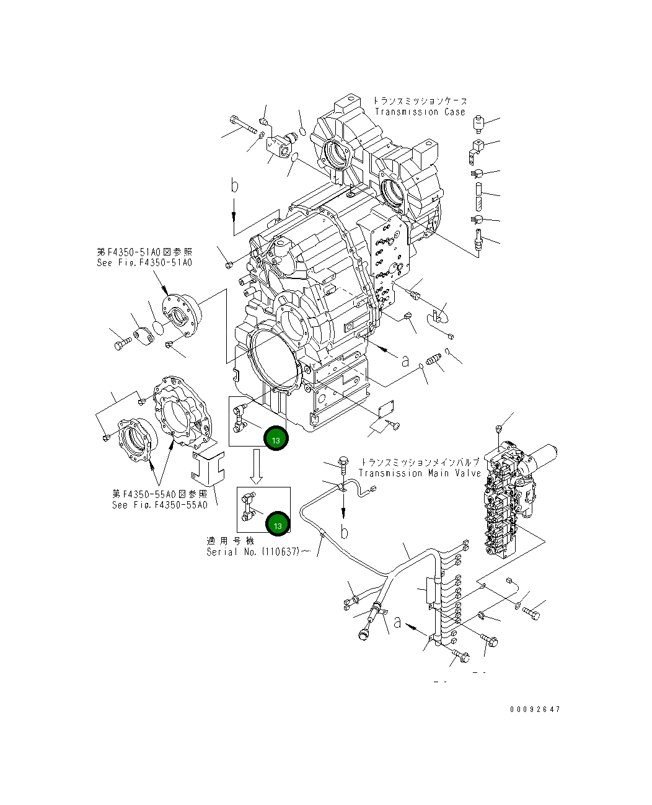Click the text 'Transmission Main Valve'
click(420, 473)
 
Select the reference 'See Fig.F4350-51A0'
click(144, 262)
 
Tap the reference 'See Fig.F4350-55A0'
click(159, 505)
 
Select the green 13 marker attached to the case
click(276, 440)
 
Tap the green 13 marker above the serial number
click(277, 525)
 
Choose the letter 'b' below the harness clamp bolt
click(345, 531)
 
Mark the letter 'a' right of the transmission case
click(405, 360)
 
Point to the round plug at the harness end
click(363, 633)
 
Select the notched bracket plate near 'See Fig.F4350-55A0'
click(206, 468)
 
